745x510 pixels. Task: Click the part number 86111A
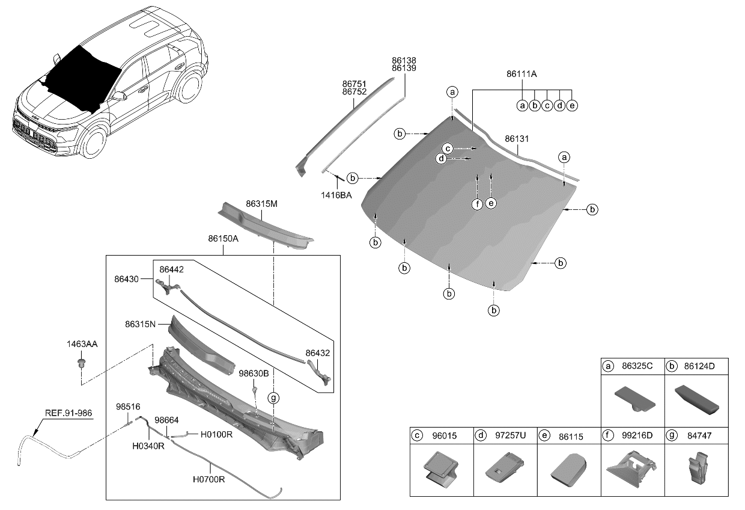tap(521, 74)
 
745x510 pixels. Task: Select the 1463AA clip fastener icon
tap(80, 363)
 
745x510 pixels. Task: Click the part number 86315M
tap(261, 204)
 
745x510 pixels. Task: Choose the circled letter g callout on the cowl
tap(273, 398)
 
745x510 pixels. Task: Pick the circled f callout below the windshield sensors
tap(477, 204)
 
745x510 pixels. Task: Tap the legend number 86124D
tap(701, 365)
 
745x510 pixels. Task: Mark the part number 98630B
tap(254, 373)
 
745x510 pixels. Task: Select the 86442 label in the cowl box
tap(171, 271)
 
